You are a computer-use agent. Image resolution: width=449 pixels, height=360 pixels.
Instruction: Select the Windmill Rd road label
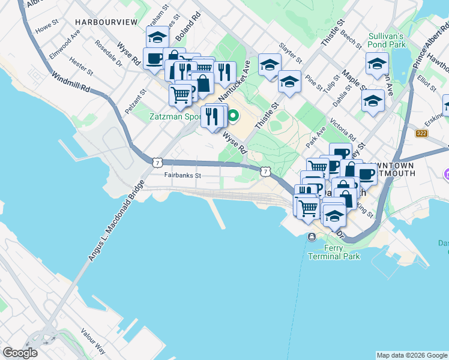(x=70, y=83)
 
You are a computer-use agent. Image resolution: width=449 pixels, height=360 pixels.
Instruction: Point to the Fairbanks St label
(x=182, y=176)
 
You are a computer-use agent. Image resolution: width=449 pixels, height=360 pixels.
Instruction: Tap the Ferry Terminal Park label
(x=334, y=252)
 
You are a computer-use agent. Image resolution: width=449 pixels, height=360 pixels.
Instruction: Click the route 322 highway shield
(x=421, y=133)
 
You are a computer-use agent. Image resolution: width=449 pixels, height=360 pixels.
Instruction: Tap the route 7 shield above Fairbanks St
(x=157, y=162)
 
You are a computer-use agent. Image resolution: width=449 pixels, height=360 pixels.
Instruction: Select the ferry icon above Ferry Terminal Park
(x=312, y=238)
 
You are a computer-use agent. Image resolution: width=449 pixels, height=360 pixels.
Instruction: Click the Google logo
(x=20, y=353)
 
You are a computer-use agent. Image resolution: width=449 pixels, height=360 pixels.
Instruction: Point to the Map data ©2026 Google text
(x=411, y=355)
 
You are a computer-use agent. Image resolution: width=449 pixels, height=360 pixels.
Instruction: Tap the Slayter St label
(x=291, y=53)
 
